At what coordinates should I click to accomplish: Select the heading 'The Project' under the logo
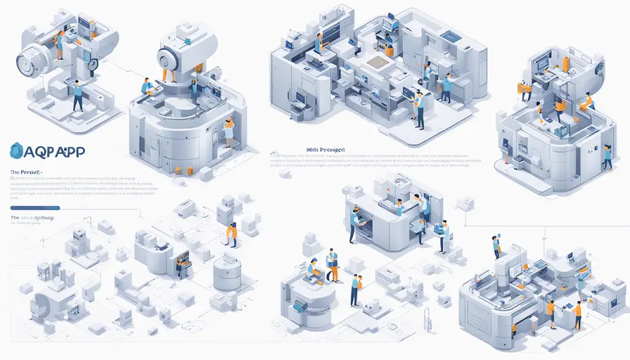click(26, 172)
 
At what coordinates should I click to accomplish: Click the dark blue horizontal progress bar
click(35, 207)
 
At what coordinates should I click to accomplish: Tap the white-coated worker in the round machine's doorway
click(229, 131)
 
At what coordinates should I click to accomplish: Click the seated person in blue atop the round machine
click(146, 86)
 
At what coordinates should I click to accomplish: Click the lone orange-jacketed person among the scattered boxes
click(231, 234)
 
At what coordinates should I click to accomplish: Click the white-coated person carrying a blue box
click(444, 235)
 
